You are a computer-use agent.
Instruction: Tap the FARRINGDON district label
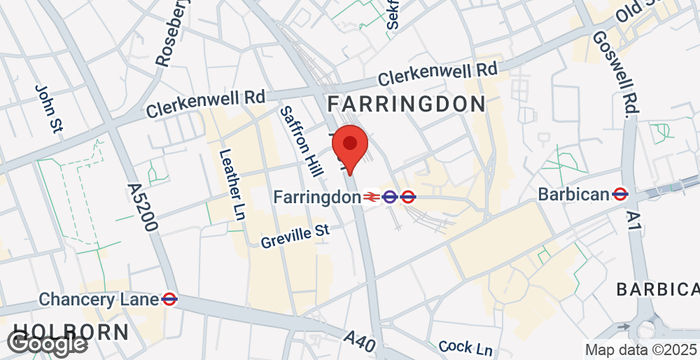[406, 104]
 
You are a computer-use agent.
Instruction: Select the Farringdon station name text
[317, 197]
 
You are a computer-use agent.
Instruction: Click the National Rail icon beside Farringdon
[372, 197]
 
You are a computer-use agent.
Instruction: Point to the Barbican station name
[573, 194]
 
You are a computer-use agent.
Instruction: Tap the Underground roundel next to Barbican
[621, 194]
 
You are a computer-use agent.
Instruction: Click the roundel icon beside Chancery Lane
[170, 299]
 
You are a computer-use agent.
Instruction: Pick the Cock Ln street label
[465, 346]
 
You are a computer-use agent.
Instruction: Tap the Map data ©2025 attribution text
[640, 350]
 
